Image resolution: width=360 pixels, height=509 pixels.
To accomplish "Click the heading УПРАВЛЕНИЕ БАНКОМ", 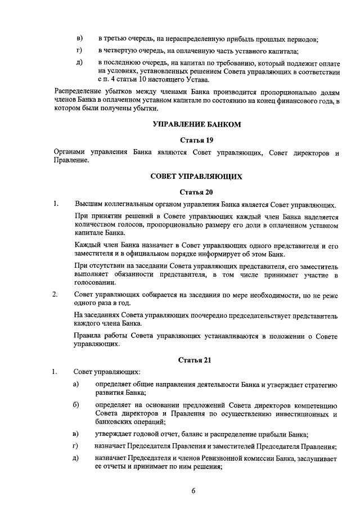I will [196, 124].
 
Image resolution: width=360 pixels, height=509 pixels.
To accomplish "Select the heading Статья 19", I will [196, 139].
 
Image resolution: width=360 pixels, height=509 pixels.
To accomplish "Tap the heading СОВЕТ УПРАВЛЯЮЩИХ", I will [196, 177].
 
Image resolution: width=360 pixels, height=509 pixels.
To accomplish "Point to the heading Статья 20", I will [196, 192].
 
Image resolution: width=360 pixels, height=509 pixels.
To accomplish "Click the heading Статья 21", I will [196, 359].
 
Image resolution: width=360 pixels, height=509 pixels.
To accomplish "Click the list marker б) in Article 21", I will [76, 404].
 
